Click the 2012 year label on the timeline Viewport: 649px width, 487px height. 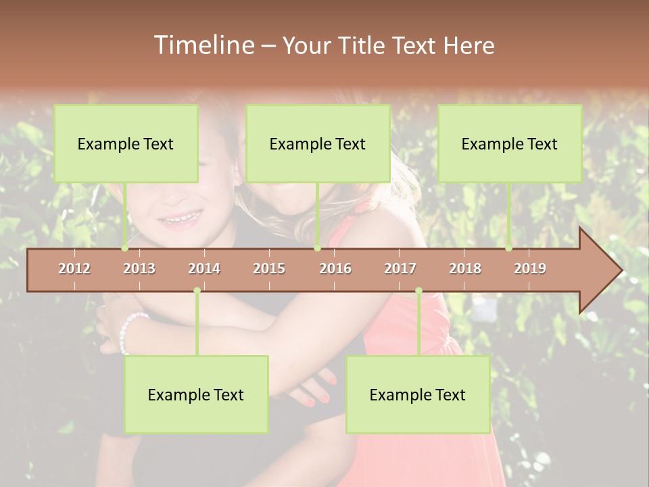coord(74,269)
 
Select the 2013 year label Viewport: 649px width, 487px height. coord(139,269)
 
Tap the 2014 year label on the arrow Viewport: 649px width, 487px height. coord(204,269)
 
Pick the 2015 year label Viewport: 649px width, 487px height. coord(269,269)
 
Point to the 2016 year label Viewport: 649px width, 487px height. coord(335,269)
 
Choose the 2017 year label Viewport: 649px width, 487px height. coord(400,269)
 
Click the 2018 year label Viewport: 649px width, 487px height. coord(465,269)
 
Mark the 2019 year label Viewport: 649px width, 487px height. coord(530,269)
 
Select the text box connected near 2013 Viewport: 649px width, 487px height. coord(126,143)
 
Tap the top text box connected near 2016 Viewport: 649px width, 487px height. coord(318,143)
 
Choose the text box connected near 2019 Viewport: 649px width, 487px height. coord(510,143)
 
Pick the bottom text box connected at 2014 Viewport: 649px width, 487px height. coord(196,394)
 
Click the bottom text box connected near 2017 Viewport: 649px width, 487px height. coord(418,394)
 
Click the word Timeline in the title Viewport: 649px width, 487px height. coord(203,45)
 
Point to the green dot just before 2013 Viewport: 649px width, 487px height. coord(124,248)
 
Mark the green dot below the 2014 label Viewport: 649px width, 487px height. coord(197,291)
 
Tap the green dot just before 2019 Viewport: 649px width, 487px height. coord(508,248)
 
